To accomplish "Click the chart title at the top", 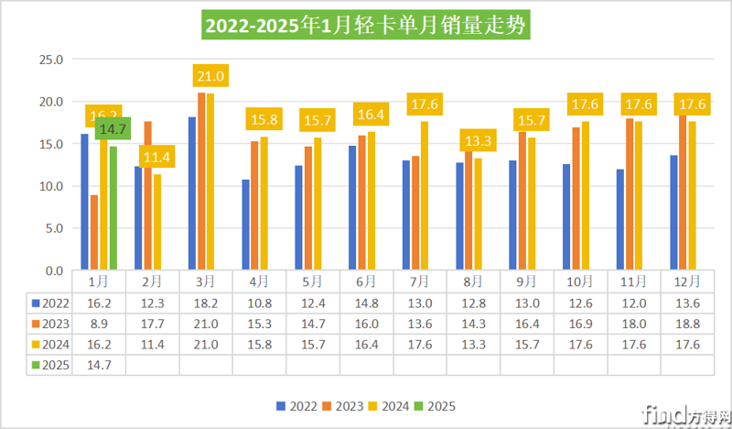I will coord(366,26).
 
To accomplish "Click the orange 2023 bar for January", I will coord(94,233).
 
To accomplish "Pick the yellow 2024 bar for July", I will coord(425,196).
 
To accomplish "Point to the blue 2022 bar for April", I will coord(246,225).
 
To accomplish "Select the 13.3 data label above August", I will coord(478,141).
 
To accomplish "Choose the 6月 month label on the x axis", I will coord(366,280).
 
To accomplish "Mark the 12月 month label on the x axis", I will coord(687,280).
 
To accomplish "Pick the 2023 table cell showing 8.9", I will coord(99,322).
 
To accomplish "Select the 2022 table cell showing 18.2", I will coord(206,301).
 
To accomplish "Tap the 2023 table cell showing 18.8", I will coord(687,322).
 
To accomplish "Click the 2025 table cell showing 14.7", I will coord(99,364).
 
